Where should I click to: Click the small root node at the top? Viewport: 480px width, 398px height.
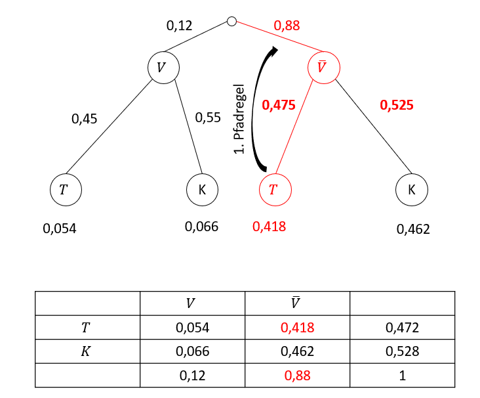pyautogui.click(x=231, y=21)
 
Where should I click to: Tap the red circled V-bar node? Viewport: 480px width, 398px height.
pyautogui.click(x=323, y=68)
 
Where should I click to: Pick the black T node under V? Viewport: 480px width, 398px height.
pyautogui.click(x=65, y=190)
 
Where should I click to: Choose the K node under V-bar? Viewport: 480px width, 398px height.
pyautogui.click(x=411, y=190)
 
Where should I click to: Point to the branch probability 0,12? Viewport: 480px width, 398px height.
pyautogui.click(x=179, y=26)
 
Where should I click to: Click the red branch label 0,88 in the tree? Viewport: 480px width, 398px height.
pyautogui.click(x=287, y=26)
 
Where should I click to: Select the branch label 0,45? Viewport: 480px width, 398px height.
pyautogui.click(x=83, y=119)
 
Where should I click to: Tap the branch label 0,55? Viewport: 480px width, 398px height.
pyautogui.click(x=209, y=119)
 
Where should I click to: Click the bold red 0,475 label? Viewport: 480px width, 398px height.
pyautogui.click(x=278, y=104)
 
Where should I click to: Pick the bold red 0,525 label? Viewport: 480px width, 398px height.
pyautogui.click(x=396, y=104)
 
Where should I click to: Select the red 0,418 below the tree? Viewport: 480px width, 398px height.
pyautogui.click(x=269, y=227)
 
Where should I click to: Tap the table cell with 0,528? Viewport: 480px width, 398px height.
pyautogui.click(x=402, y=351)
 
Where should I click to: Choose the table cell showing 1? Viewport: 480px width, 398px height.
pyautogui.click(x=402, y=375)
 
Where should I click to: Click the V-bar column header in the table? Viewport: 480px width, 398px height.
pyautogui.click(x=297, y=303)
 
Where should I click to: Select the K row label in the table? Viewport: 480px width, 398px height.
pyautogui.click(x=87, y=351)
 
